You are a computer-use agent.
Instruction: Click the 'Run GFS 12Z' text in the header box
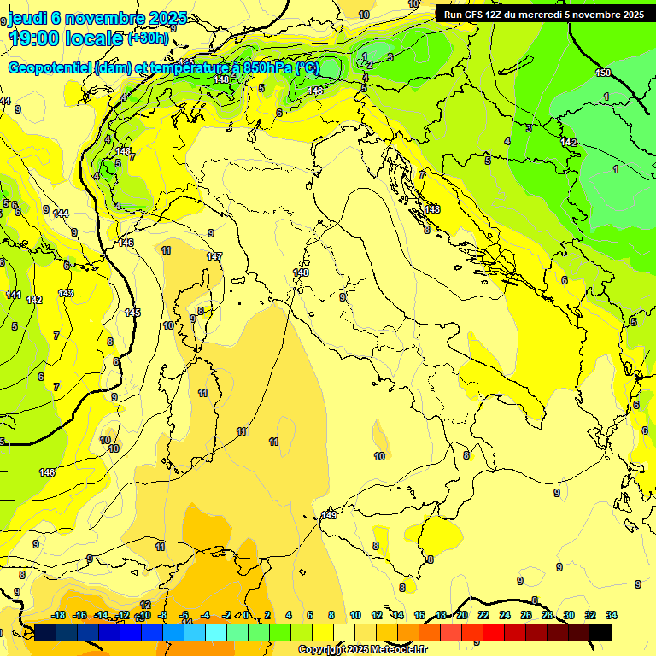(x=473, y=15)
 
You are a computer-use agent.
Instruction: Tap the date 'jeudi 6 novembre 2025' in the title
(x=97, y=18)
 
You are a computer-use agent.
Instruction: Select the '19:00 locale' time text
(x=66, y=38)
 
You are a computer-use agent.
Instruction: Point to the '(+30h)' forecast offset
(x=148, y=38)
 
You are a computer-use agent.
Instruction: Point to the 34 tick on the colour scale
(x=611, y=615)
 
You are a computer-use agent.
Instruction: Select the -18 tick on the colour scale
(x=59, y=615)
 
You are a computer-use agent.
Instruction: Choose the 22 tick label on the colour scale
(x=483, y=615)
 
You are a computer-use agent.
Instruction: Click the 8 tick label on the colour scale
(x=331, y=615)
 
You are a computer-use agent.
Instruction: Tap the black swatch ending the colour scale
(x=600, y=632)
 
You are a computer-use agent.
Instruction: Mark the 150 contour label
(x=603, y=73)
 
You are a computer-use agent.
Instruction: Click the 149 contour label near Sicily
(x=329, y=515)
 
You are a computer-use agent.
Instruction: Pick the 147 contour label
(x=214, y=256)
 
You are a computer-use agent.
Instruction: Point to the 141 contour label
(x=14, y=295)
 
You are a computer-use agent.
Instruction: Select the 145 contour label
(x=132, y=313)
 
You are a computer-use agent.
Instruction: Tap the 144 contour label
(x=61, y=214)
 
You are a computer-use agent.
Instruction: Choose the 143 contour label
(x=66, y=293)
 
